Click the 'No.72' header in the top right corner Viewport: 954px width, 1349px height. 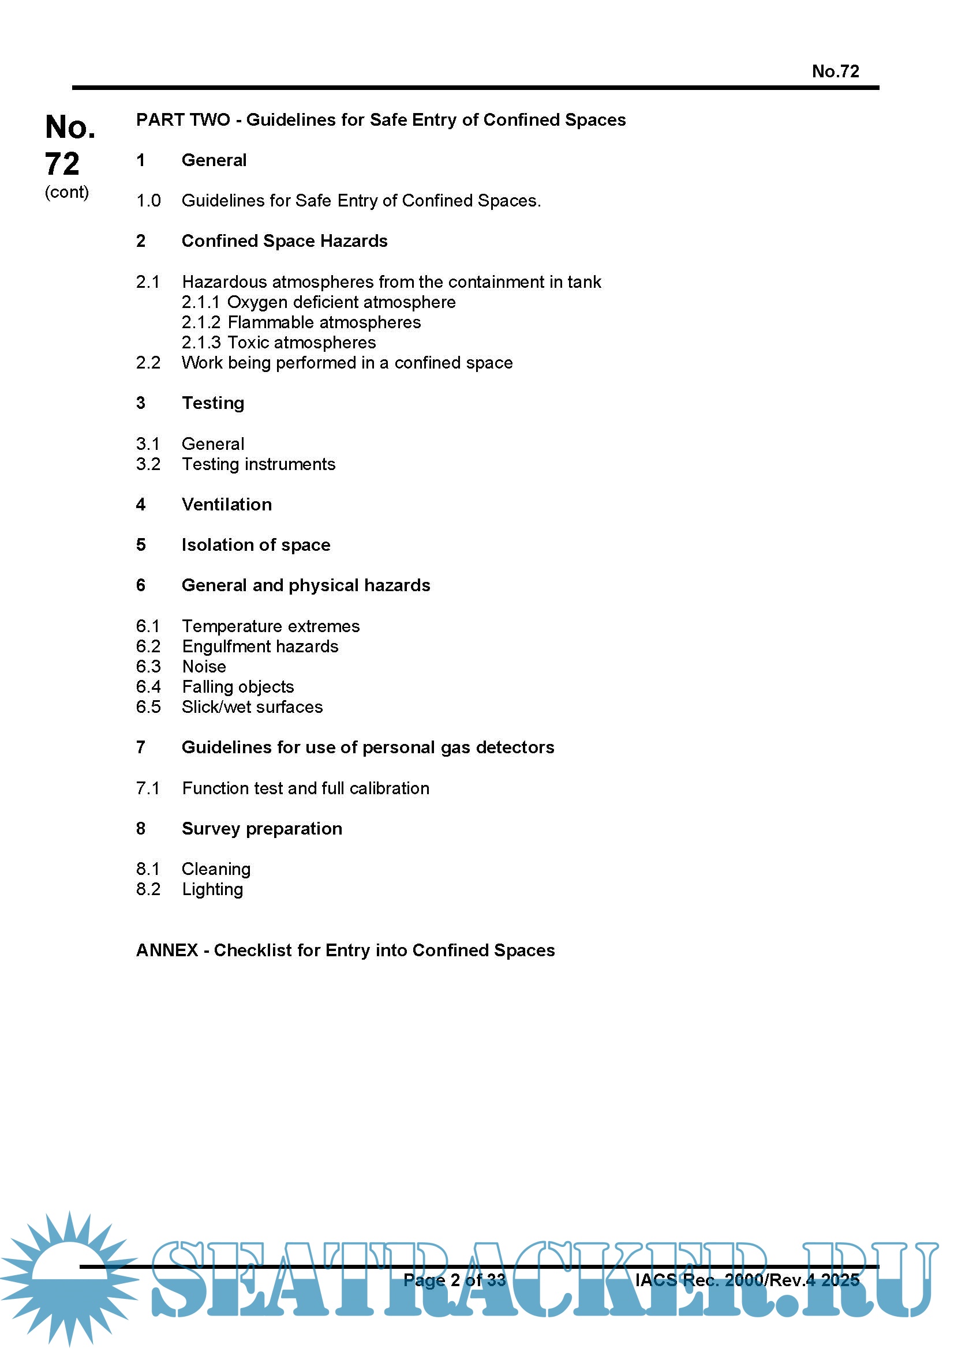(835, 71)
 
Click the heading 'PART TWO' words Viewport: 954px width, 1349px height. (183, 120)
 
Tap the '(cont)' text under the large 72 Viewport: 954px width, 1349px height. (66, 192)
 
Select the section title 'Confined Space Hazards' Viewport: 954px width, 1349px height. (285, 241)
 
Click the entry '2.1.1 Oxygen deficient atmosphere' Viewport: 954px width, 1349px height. (318, 302)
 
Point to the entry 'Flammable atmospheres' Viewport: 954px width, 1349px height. (324, 322)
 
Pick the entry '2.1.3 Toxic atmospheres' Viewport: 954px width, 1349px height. (278, 343)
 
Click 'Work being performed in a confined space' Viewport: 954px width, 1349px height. (347, 363)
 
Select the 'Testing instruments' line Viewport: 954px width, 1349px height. (259, 464)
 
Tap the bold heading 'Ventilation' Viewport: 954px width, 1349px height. (227, 505)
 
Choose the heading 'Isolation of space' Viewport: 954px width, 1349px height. (256, 545)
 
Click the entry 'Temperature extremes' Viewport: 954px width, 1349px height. (271, 626)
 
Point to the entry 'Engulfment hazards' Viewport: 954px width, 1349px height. (260, 647)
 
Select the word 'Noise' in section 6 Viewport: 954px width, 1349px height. (204, 667)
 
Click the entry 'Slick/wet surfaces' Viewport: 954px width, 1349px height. (252, 707)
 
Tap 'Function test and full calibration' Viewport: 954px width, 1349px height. (306, 788)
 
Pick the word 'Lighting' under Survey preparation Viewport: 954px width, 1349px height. (212, 889)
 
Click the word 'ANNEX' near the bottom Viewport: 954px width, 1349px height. (167, 950)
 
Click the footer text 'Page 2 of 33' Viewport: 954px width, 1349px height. (454, 1280)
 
